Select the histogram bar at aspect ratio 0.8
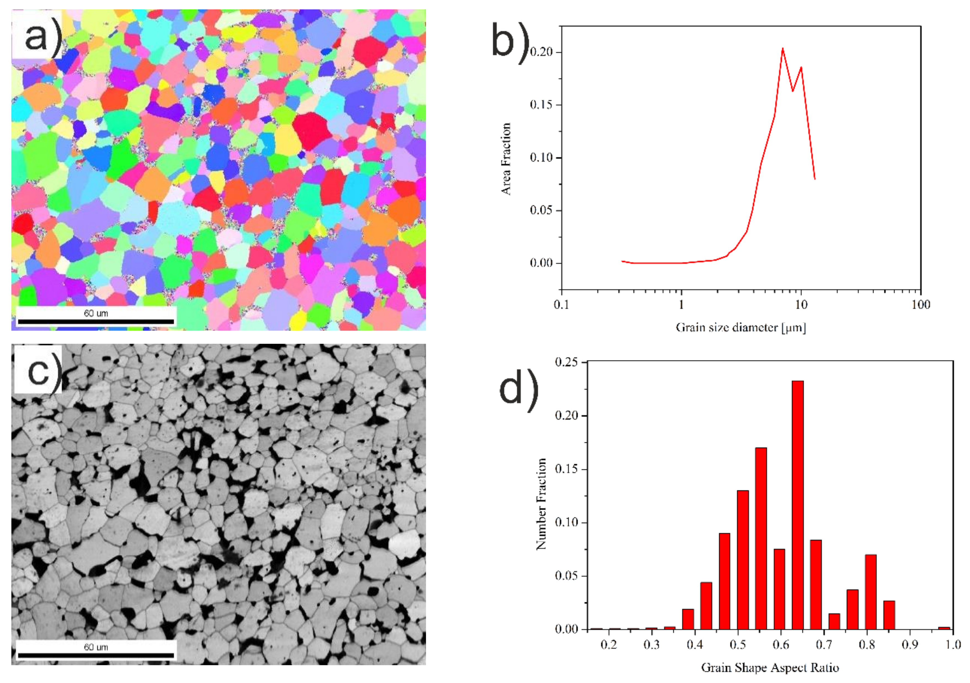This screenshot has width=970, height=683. coord(870,591)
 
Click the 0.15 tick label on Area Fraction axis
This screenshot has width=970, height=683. coord(541,105)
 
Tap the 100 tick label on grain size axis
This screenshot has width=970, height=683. coord(920,305)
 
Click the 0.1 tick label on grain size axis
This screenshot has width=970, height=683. coord(561,305)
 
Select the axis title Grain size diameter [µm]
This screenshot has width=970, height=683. coord(740,327)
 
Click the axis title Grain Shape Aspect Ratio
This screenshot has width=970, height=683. coord(770,667)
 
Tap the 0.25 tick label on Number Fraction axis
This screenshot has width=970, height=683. coord(566,362)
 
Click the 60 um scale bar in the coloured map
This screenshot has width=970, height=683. coord(96,321)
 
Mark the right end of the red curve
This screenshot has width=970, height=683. coord(814,179)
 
